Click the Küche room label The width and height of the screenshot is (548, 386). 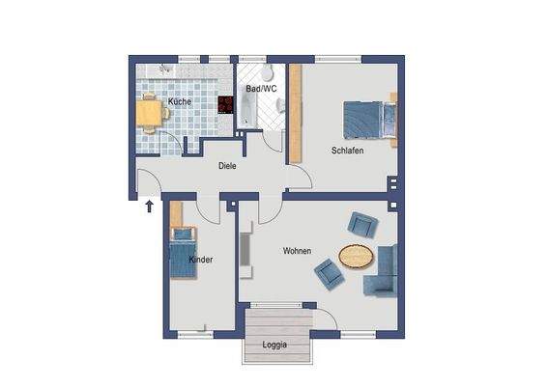[179, 101]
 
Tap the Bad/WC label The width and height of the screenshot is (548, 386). [261, 89]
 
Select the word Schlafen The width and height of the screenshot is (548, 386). [347, 151]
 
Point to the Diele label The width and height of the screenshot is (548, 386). [227, 165]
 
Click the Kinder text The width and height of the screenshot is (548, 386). [201, 260]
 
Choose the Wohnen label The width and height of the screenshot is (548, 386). [297, 251]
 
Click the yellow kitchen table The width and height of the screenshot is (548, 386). [151, 114]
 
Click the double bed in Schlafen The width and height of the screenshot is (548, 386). [368, 122]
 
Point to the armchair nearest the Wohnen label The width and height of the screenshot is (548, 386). [328, 276]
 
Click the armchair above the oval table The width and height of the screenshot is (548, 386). [361, 225]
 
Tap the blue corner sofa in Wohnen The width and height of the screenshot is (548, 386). [384, 272]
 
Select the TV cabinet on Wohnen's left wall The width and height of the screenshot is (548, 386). [245, 252]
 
